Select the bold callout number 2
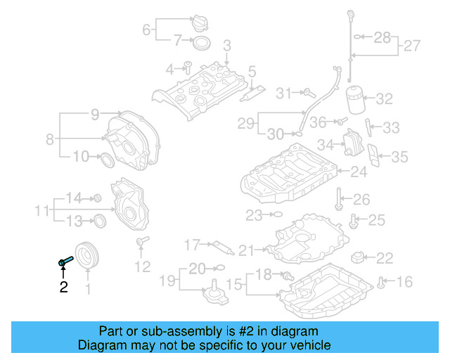[x=63, y=286]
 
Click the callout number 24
[x=359, y=171]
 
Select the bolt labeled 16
[x=381, y=283]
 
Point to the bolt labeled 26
[x=338, y=198]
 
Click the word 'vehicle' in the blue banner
[x=310, y=345]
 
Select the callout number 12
[x=143, y=266]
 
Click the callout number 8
[x=50, y=139]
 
